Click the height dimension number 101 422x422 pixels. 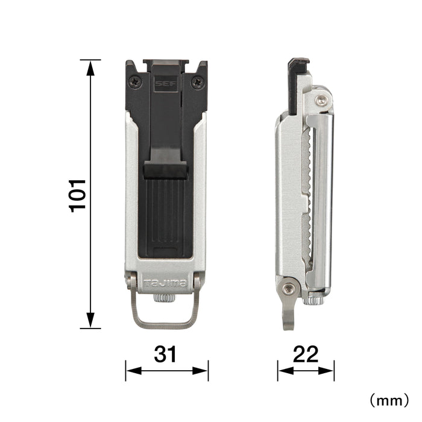[78, 194]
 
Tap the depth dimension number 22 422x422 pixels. [305, 354]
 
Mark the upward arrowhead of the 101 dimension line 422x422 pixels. [90, 65]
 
